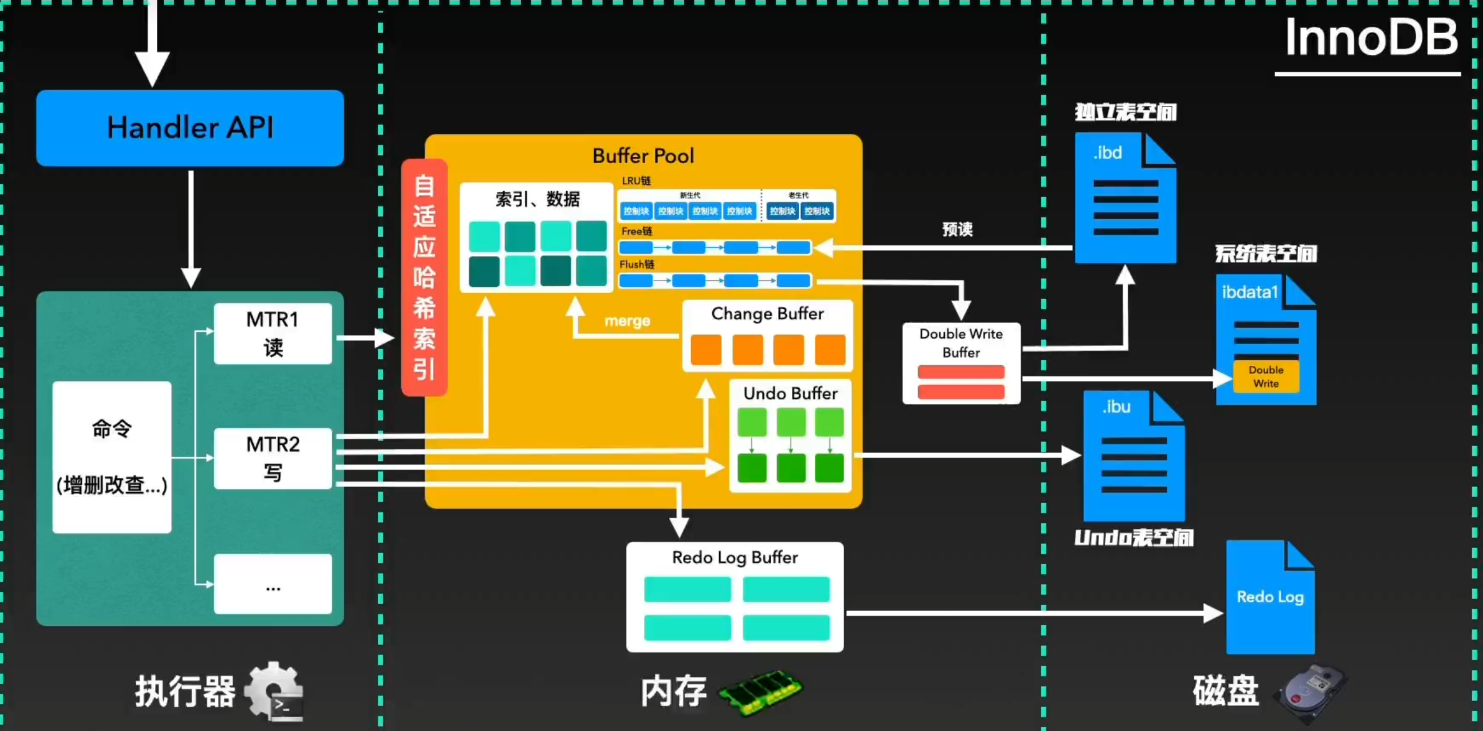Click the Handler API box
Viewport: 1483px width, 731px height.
tap(190, 128)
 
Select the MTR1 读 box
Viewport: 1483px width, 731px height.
tap(273, 333)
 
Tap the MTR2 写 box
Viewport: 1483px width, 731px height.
tap(273, 458)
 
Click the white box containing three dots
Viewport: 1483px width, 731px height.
tap(273, 584)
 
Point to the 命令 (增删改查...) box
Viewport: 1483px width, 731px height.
tap(112, 457)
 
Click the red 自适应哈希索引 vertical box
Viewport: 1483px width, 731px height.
tap(424, 277)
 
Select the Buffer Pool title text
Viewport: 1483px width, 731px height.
tap(643, 156)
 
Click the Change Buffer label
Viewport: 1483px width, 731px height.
tap(767, 314)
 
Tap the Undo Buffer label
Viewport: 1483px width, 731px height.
tap(790, 393)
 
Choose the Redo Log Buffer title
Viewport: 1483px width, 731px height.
tap(734, 558)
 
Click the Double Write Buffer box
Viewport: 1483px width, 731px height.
tap(961, 363)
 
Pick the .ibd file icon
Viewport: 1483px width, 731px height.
tap(1125, 198)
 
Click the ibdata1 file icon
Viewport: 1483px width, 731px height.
tap(1266, 339)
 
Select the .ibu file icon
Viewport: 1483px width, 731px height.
tap(1134, 456)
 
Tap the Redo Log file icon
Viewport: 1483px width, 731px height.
tap(1270, 597)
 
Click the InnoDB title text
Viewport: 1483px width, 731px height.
tap(1371, 38)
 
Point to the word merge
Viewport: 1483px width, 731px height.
tap(627, 321)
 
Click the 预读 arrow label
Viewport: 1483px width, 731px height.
tap(958, 229)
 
